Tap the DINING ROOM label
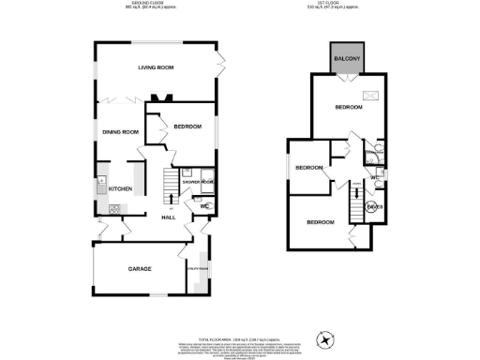121,132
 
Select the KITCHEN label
121,189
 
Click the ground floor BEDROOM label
187,127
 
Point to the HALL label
169,217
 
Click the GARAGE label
141,269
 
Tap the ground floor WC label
202,206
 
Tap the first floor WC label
373,176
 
